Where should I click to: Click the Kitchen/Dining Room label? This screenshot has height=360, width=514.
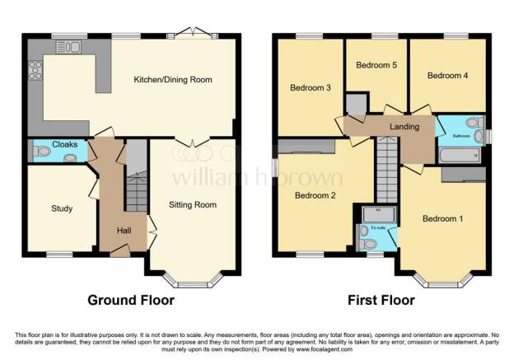(173, 80)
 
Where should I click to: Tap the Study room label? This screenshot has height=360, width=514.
(62, 208)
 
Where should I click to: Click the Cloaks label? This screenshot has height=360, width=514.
(65, 144)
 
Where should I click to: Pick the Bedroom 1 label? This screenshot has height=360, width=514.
(443, 219)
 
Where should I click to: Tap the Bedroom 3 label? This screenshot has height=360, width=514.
(310, 86)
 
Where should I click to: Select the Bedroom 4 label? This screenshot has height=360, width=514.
(447, 75)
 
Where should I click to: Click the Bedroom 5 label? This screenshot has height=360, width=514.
(376, 65)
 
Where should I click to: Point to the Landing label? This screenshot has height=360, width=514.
(404, 127)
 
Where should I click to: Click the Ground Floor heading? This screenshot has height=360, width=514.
(131, 300)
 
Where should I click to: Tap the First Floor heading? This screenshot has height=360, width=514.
(381, 300)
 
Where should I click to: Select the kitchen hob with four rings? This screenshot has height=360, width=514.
(35, 71)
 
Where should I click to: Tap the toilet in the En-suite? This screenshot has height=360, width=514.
(367, 244)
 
